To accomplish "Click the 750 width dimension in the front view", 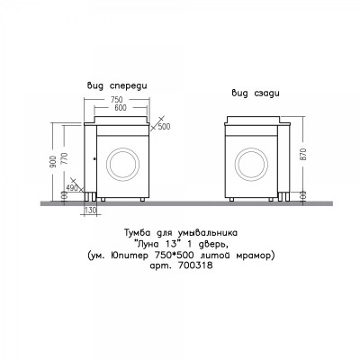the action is tap(117, 99).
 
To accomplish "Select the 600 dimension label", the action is tap(121, 107).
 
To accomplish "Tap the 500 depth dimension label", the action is tap(164, 127).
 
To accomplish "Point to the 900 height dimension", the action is tap(54, 161).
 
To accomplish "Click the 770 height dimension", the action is tap(65, 158).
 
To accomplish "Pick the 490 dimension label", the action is tap(72, 188).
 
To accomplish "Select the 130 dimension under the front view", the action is tap(90, 211).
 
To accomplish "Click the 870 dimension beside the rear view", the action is tap(303, 154).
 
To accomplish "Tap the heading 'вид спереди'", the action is tap(117, 86).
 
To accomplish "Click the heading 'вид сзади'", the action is tap(256, 94).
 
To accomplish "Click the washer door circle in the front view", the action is tap(123, 165).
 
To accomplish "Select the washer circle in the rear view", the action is tap(251, 165).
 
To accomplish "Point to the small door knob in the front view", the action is tap(94, 159).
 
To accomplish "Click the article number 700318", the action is tap(195, 265).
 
